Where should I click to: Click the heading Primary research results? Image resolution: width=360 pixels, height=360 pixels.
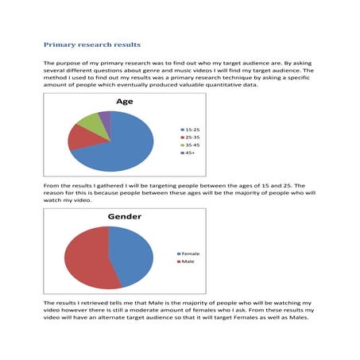pos(92,45)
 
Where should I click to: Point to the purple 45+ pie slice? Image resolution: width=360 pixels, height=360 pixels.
pos(104,118)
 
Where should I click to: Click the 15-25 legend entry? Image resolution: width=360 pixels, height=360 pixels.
pos(191,128)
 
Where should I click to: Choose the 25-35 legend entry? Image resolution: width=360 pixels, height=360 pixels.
pos(191,137)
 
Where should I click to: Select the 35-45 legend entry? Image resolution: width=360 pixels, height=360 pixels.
pos(191,145)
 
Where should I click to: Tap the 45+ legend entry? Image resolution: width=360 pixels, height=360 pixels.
pos(189,153)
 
